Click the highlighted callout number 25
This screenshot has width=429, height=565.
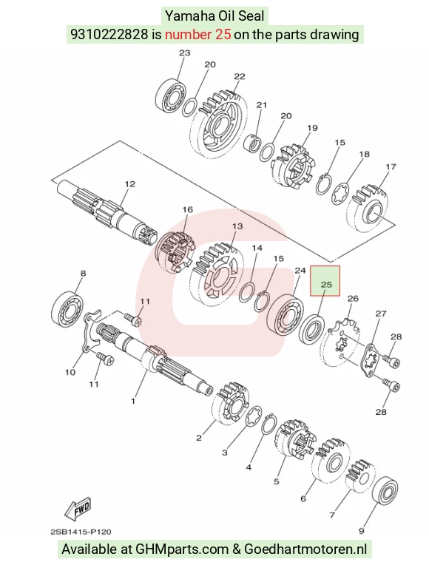click(326, 284)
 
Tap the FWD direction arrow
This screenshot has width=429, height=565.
click(78, 509)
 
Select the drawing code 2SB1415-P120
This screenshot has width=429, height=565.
click(81, 532)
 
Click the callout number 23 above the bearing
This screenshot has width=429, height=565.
click(185, 53)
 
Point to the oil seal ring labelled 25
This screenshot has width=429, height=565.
click(311, 328)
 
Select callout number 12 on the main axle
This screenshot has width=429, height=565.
click(129, 183)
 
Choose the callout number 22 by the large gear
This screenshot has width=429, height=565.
click(240, 76)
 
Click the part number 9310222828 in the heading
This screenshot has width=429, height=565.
click(109, 35)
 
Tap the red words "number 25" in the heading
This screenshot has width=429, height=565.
click(198, 35)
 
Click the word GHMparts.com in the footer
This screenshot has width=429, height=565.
click(181, 549)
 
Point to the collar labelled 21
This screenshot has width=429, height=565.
click(253, 143)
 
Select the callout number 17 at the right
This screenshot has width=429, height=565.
click(391, 167)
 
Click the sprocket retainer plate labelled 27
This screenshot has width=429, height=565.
click(371, 361)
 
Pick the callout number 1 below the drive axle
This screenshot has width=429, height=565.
click(133, 401)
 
